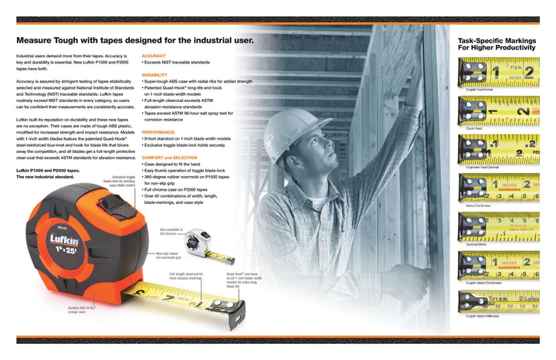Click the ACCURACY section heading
(x=154, y=56)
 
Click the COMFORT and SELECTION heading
(x=171, y=157)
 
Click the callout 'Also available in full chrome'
(x=172, y=231)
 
